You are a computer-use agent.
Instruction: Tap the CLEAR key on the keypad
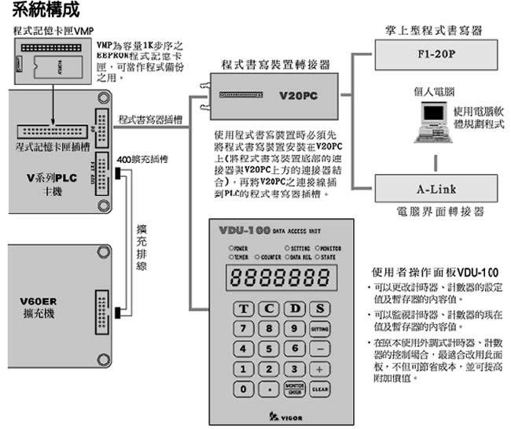click(x=320, y=388)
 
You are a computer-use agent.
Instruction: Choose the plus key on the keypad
click(x=320, y=368)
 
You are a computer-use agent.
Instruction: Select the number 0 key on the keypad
click(x=246, y=388)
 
